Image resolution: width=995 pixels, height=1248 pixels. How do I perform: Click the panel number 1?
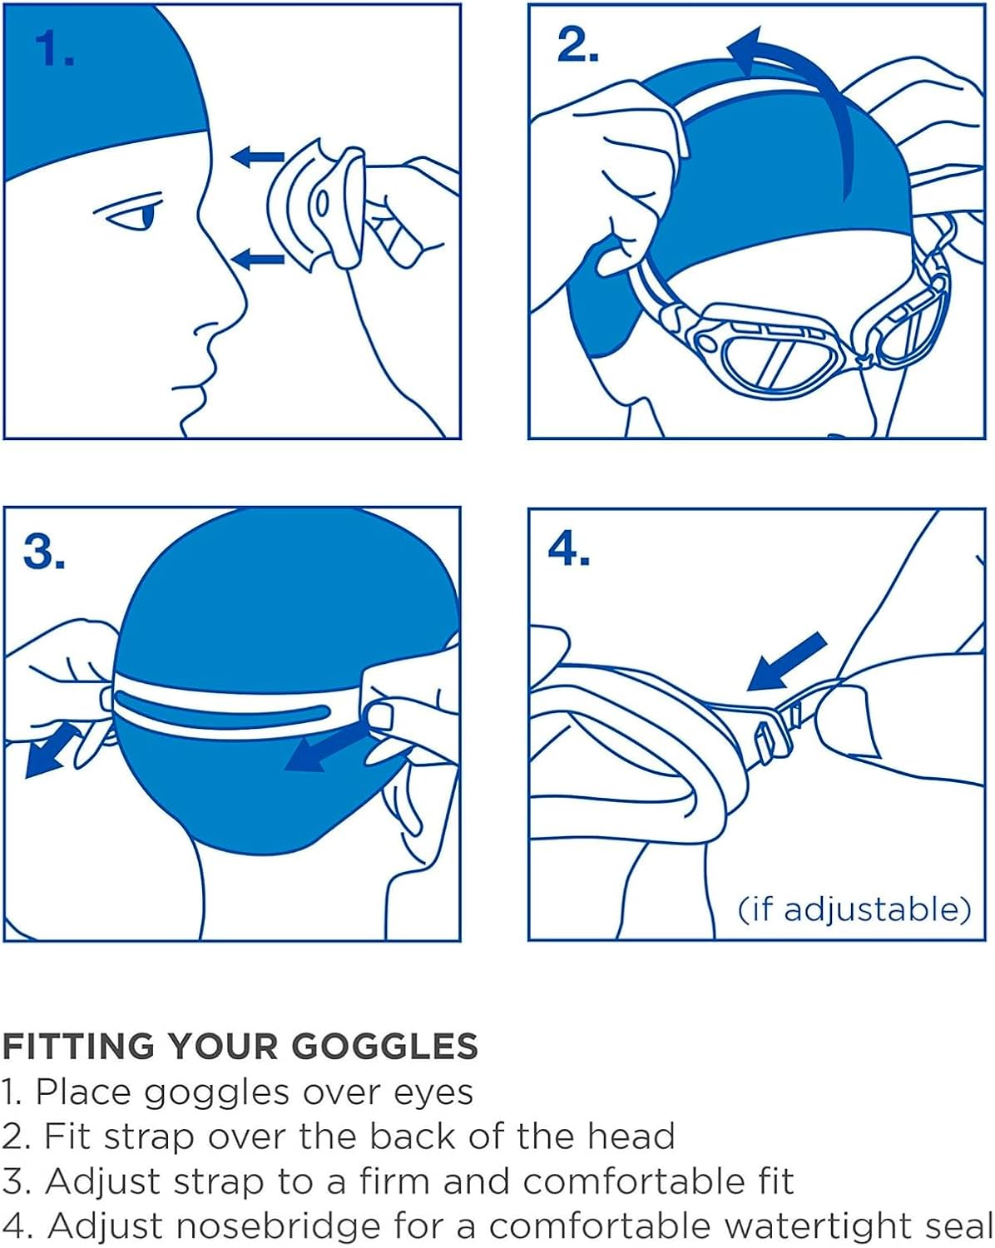tap(54, 49)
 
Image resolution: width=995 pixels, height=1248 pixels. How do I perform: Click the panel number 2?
tap(577, 44)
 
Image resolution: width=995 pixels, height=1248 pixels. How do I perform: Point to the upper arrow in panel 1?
tap(257, 156)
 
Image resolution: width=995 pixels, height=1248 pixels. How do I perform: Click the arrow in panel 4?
tap(785, 662)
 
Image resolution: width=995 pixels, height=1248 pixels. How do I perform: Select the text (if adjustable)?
tap(854, 909)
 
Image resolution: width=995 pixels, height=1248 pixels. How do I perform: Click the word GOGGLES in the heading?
tap(384, 1047)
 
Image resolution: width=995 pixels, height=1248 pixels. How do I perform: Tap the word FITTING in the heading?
tap(78, 1047)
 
